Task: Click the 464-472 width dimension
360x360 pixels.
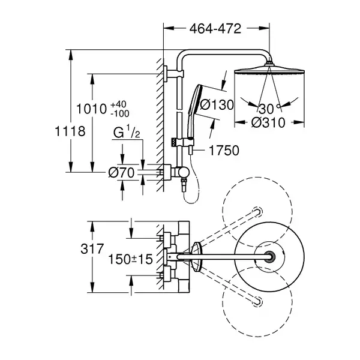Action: (x=215, y=29)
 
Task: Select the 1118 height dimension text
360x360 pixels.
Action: (x=70, y=131)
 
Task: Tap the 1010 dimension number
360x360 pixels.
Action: (x=91, y=109)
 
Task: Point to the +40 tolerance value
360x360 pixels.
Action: (x=118, y=104)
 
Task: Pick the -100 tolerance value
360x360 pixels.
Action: (x=120, y=113)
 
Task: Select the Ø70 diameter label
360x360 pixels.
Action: (x=121, y=173)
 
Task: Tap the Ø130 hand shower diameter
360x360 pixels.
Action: (x=217, y=104)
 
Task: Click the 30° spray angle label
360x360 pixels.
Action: (x=269, y=109)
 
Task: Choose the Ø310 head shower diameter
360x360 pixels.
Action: (x=268, y=122)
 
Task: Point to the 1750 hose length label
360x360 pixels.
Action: (x=224, y=151)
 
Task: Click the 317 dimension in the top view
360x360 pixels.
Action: (x=92, y=248)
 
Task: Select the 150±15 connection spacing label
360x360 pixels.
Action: (x=130, y=259)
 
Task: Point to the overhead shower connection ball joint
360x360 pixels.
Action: (x=269, y=64)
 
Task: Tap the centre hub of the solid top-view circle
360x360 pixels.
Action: (x=269, y=256)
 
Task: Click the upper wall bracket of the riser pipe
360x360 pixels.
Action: (x=174, y=73)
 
